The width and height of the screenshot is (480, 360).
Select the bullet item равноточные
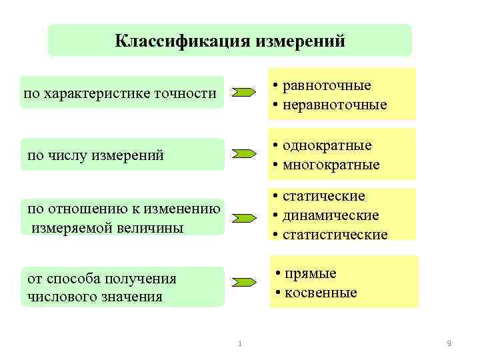(x=327, y=85)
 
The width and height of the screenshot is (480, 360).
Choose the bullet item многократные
(x=331, y=164)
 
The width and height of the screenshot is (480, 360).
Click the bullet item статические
(x=324, y=196)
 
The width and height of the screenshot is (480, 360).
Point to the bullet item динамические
(x=331, y=215)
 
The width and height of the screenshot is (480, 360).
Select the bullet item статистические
(x=335, y=235)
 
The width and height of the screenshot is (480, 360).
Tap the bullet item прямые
(x=310, y=273)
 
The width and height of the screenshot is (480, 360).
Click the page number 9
(x=449, y=343)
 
